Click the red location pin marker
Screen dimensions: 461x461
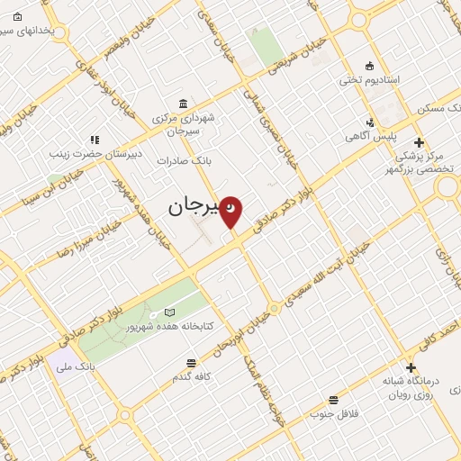(231, 211)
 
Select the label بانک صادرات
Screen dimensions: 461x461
(183, 160)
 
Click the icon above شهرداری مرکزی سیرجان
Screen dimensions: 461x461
(184, 102)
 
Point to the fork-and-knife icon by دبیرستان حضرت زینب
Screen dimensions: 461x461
(95, 140)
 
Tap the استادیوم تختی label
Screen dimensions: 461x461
(368, 79)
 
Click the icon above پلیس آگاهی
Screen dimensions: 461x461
(368, 122)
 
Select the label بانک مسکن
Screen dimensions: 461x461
(438, 108)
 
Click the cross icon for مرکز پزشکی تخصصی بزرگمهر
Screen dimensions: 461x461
(418, 142)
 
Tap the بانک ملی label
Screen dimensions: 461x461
(75, 366)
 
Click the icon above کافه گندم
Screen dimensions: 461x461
(191, 363)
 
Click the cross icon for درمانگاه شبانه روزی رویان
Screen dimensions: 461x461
(411, 367)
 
